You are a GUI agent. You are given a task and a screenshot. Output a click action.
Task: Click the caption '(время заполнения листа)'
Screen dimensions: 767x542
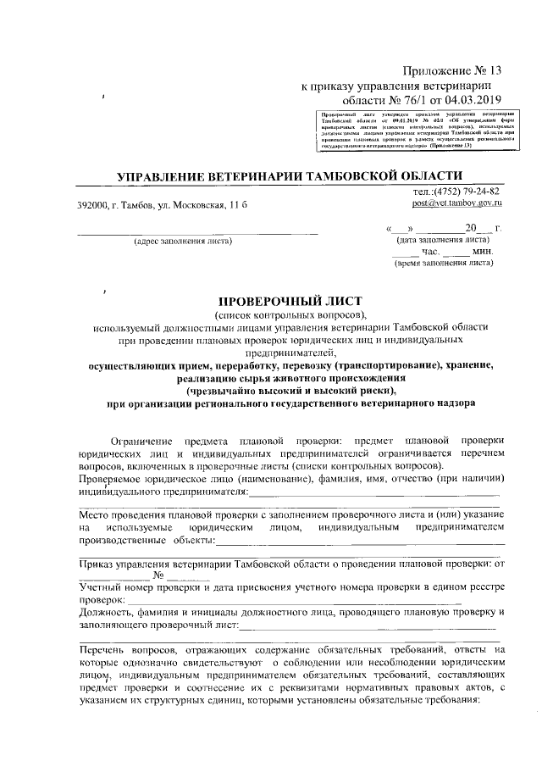tap(444, 263)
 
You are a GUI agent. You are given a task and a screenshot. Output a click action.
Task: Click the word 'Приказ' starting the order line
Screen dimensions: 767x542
tap(97, 564)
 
